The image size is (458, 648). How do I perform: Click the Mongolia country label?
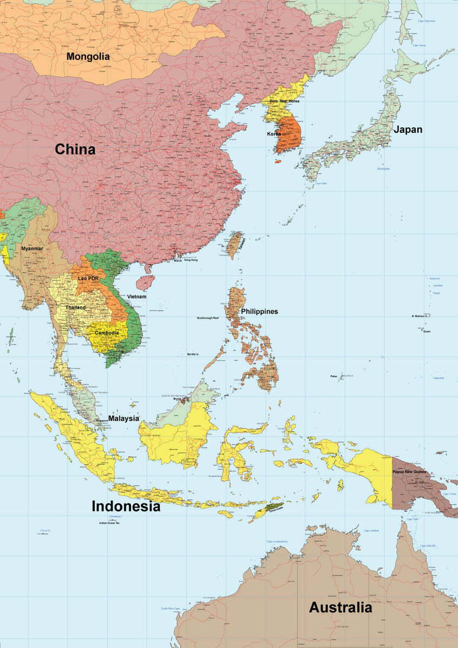point(88,56)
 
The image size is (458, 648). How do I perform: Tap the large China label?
point(75,150)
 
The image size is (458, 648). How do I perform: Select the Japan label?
point(407,130)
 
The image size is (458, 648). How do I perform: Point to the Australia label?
point(340,607)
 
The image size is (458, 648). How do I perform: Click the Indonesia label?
point(126,506)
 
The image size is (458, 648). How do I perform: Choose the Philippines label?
point(259,312)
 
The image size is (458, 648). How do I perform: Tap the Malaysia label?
point(124,418)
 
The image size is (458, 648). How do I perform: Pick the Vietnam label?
point(136,297)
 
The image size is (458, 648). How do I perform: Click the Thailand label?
point(76,307)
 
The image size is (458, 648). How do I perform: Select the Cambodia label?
point(107,333)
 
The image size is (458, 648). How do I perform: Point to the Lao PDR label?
point(88,278)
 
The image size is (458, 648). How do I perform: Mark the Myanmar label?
point(32,248)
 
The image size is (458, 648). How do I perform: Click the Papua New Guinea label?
point(409,472)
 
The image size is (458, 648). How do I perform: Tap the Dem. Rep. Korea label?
point(285,101)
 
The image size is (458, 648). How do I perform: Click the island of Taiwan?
point(235,245)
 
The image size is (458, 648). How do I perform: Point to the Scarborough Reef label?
point(208,318)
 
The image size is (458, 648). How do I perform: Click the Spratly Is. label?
point(193,354)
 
